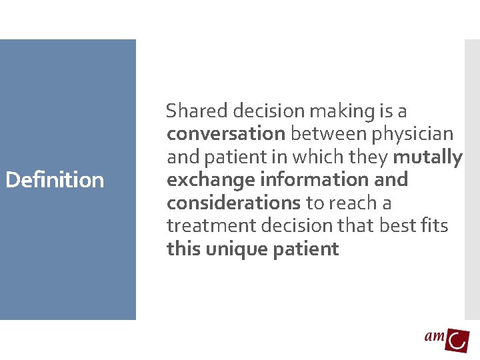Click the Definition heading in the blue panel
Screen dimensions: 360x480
55,179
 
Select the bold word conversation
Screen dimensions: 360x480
226,133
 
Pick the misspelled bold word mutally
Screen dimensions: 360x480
428,157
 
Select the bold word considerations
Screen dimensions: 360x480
233,202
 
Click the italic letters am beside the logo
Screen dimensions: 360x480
435,336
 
